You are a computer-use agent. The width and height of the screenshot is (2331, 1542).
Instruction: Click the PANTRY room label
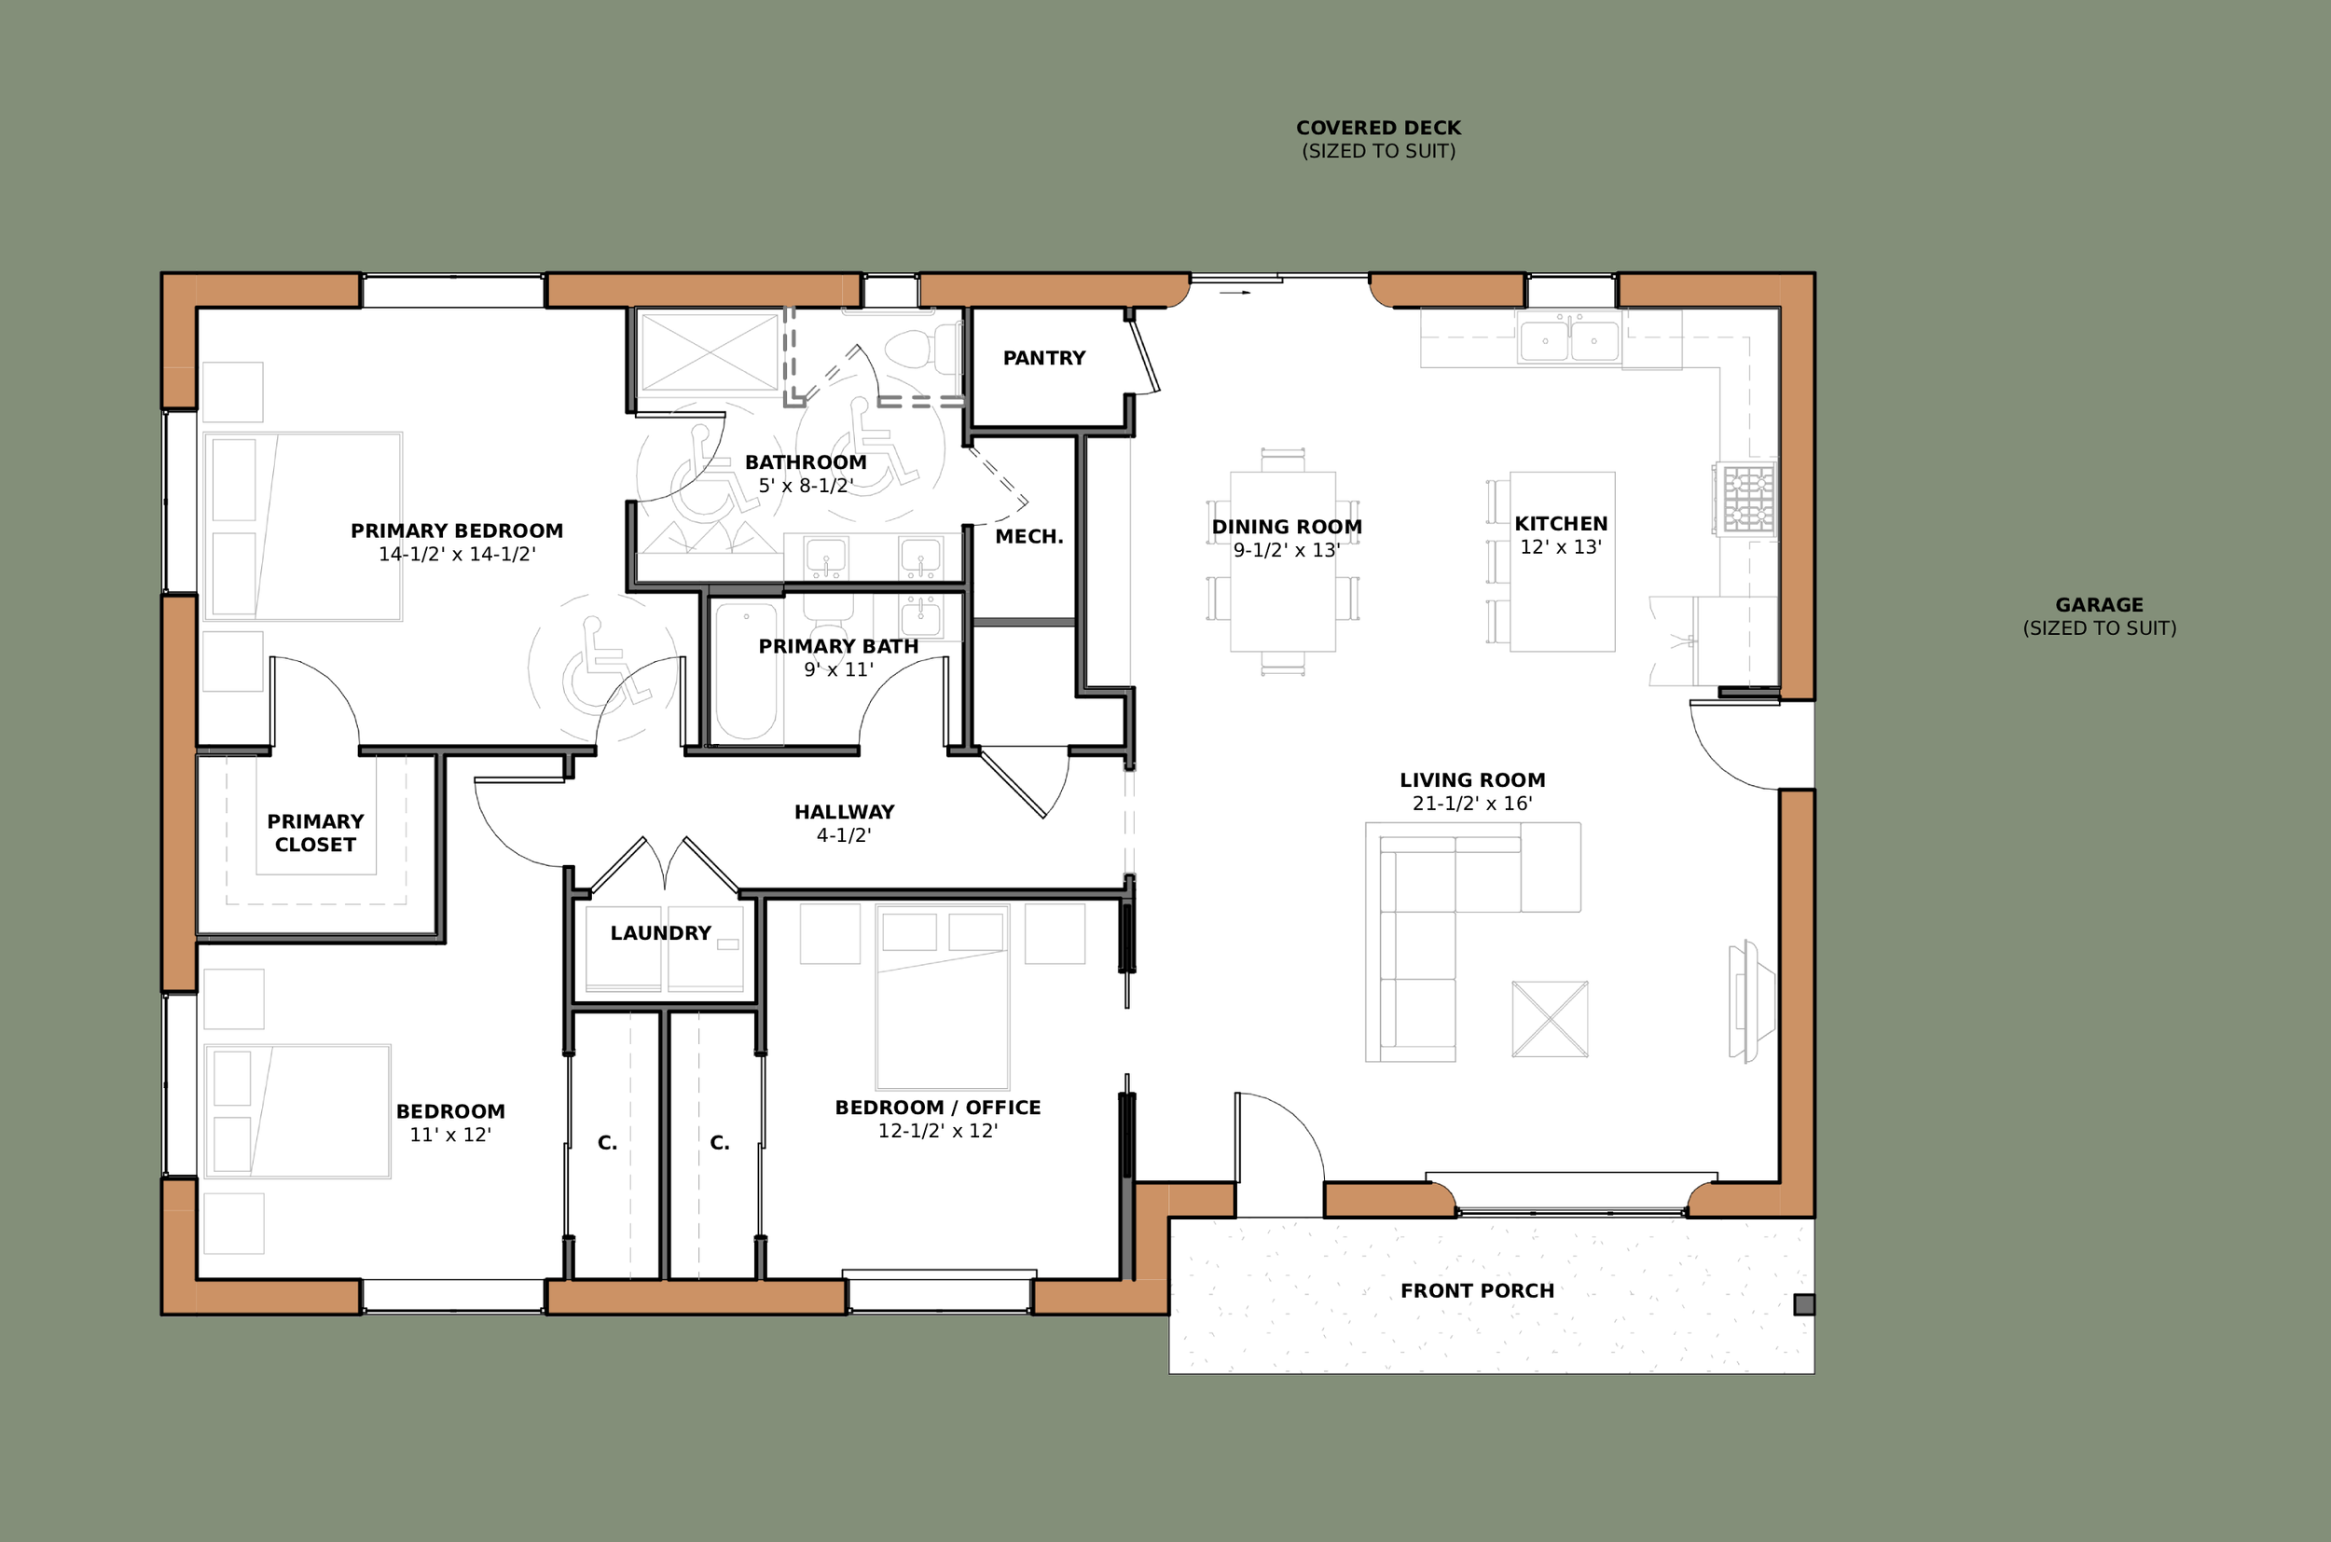(x=1043, y=358)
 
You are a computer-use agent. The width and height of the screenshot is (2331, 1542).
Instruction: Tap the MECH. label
(x=1028, y=537)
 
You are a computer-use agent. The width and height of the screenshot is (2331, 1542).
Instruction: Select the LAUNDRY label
(x=660, y=933)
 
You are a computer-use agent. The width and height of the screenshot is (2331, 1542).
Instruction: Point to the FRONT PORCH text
(x=1477, y=1291)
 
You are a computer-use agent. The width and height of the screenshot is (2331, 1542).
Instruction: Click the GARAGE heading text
(x=2099, y=605)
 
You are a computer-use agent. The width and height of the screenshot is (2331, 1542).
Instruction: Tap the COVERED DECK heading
(x=1378, y=128)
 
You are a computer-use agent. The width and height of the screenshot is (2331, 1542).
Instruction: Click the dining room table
(x=1283, y=561)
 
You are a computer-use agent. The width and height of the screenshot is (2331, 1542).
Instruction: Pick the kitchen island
(x=1562, y=561)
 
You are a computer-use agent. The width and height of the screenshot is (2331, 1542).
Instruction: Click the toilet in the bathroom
(x=922, y=348)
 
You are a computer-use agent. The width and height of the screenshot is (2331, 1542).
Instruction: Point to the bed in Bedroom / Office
(x=943, y=996)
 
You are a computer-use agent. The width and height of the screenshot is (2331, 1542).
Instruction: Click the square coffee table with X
(x=1550, y=1019)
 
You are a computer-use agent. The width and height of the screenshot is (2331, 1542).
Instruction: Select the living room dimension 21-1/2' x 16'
(x=1472, y=804)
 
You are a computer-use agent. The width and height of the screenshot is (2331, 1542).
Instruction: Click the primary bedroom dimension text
(x=458, y=555)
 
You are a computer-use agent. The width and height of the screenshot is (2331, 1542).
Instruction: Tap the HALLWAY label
(x=844, y=812)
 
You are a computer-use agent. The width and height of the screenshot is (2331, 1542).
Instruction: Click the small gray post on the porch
(x=1804, y=1305)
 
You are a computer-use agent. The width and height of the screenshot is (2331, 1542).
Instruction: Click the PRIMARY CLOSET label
(x=315, y=833)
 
